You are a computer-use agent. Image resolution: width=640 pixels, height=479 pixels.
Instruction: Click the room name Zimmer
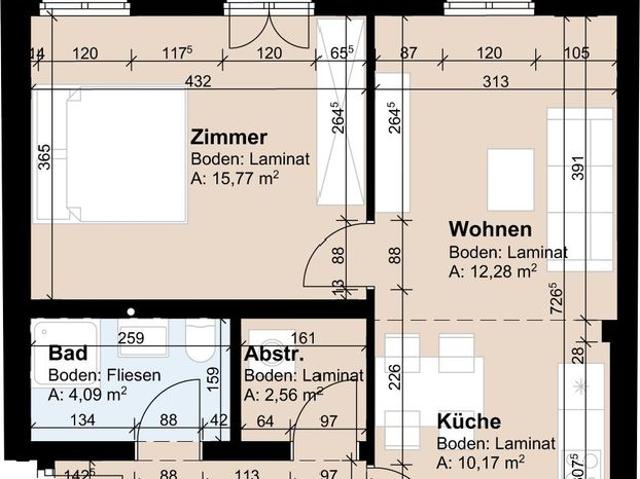point(229,138)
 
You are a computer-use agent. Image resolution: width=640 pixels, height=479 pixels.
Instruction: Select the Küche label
point(469,422)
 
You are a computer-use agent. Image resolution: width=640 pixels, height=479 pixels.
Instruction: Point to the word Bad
point(65,354)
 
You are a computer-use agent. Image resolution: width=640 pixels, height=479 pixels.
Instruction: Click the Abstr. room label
point(273,354)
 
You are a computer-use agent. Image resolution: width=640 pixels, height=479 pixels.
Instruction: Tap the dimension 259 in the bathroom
point(131,339)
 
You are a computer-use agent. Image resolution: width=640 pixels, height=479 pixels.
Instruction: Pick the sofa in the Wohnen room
point(579,190)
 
